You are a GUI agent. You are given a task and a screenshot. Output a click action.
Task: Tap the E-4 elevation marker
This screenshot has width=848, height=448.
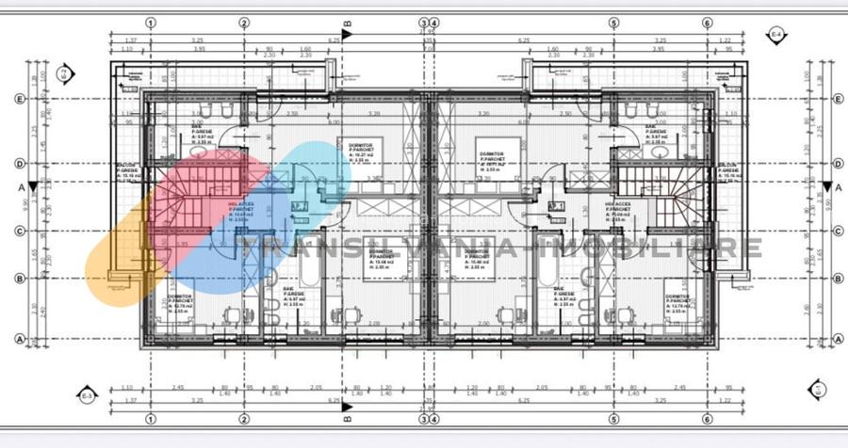pos(777,36)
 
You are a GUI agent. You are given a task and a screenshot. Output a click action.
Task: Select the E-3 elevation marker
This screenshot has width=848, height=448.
pos(87,395)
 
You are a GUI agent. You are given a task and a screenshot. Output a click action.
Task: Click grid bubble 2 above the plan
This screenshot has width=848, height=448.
pos(244,23)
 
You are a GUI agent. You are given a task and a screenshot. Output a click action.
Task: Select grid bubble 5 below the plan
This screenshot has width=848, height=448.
pos(613,419)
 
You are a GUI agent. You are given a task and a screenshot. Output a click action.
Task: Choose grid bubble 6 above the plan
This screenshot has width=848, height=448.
pos(708,23)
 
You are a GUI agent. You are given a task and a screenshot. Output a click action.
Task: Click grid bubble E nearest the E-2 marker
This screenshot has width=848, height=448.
pos(19,98)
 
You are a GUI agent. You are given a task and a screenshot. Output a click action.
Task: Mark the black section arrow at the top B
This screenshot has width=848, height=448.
pos(348,34)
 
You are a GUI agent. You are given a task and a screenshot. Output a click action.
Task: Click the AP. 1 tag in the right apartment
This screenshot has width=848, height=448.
pos(556,205)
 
